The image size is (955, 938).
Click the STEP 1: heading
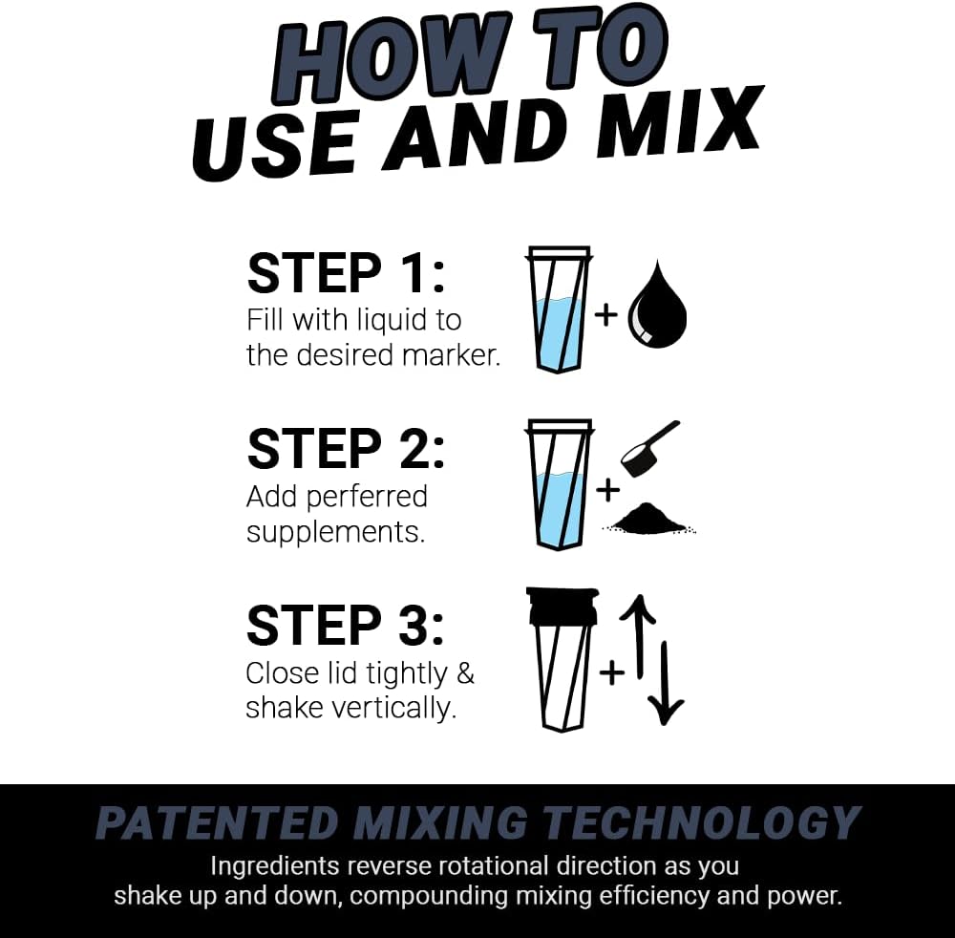point(346,273)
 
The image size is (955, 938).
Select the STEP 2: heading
point(346,449)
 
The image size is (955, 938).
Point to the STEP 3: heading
point(346,626)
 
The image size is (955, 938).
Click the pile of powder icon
point(649,519)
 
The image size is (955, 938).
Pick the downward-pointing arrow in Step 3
point(666,683)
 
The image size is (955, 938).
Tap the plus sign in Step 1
point(606,314)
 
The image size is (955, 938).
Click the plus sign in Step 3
point(611,672)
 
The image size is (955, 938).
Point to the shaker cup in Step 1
point(560,310)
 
